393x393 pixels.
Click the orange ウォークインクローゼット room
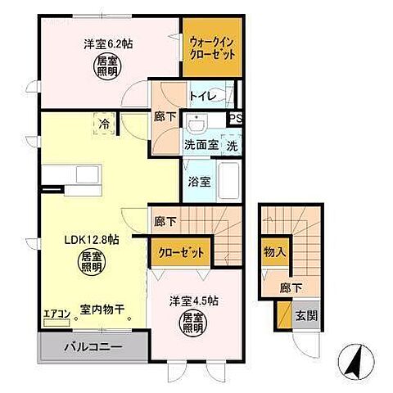pos(212,47)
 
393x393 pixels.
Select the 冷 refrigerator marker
pos(105,124)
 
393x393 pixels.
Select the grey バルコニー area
pos(93,346)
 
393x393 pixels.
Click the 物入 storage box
pos(274,251)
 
